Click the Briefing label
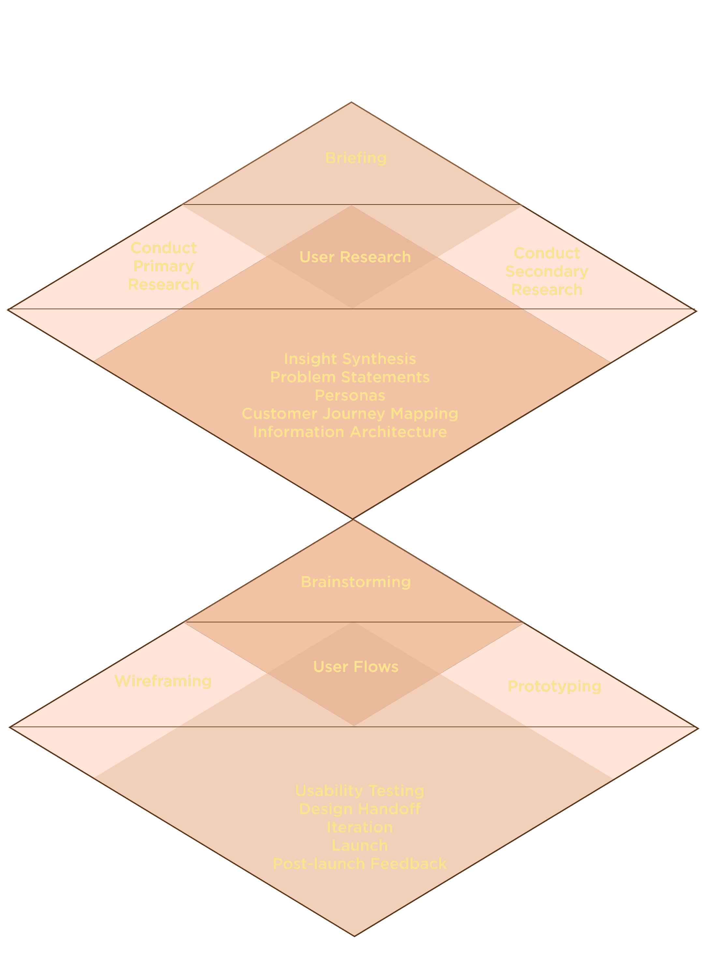pos(356,158)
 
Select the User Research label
pos(355,257)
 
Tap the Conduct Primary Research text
pos(163,266)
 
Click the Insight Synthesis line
pos(350,359)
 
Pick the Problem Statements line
pos(350,377)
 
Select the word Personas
pos(350,395)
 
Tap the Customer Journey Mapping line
pos(350,414)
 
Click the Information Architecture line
pos(350,432)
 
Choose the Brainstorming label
pos(356,582)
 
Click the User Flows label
pos(356,667)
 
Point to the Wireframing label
pos(163,681)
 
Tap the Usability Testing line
pos(359,791)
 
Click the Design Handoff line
pos(359,809)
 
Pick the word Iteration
pos(359,827)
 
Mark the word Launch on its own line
pos(359,845)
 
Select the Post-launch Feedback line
pos(359,864)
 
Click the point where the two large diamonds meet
pos(353,519)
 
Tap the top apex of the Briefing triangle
pos(351,102)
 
